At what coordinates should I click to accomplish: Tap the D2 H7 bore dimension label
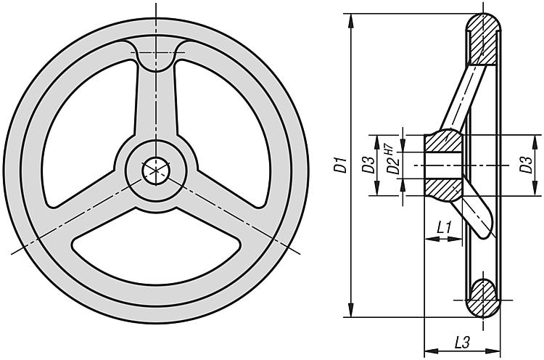[392, 160]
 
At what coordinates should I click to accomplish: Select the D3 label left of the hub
[368, 165]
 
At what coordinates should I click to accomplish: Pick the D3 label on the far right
[526, 165]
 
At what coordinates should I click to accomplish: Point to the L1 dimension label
[444, 228]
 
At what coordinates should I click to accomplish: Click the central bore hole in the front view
[156, 171]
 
